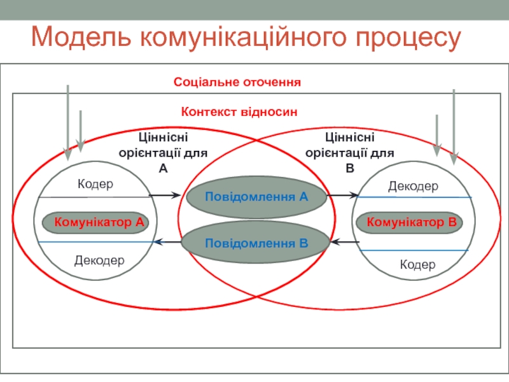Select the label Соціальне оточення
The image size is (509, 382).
(x=237, y=82)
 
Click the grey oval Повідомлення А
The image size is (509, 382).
(x=256, y=197)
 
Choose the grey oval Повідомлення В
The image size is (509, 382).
(x=256, y=243)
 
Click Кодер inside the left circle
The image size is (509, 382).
(x=95, y=184)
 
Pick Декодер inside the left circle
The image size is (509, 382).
(x=99, y=260)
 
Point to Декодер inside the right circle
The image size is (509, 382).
(x=413, y=187)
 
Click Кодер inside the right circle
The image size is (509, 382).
(x=417, y=264)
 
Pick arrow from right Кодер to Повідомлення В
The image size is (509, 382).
(x=345, y=242)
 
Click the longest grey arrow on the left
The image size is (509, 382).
(x=68, y=121)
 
